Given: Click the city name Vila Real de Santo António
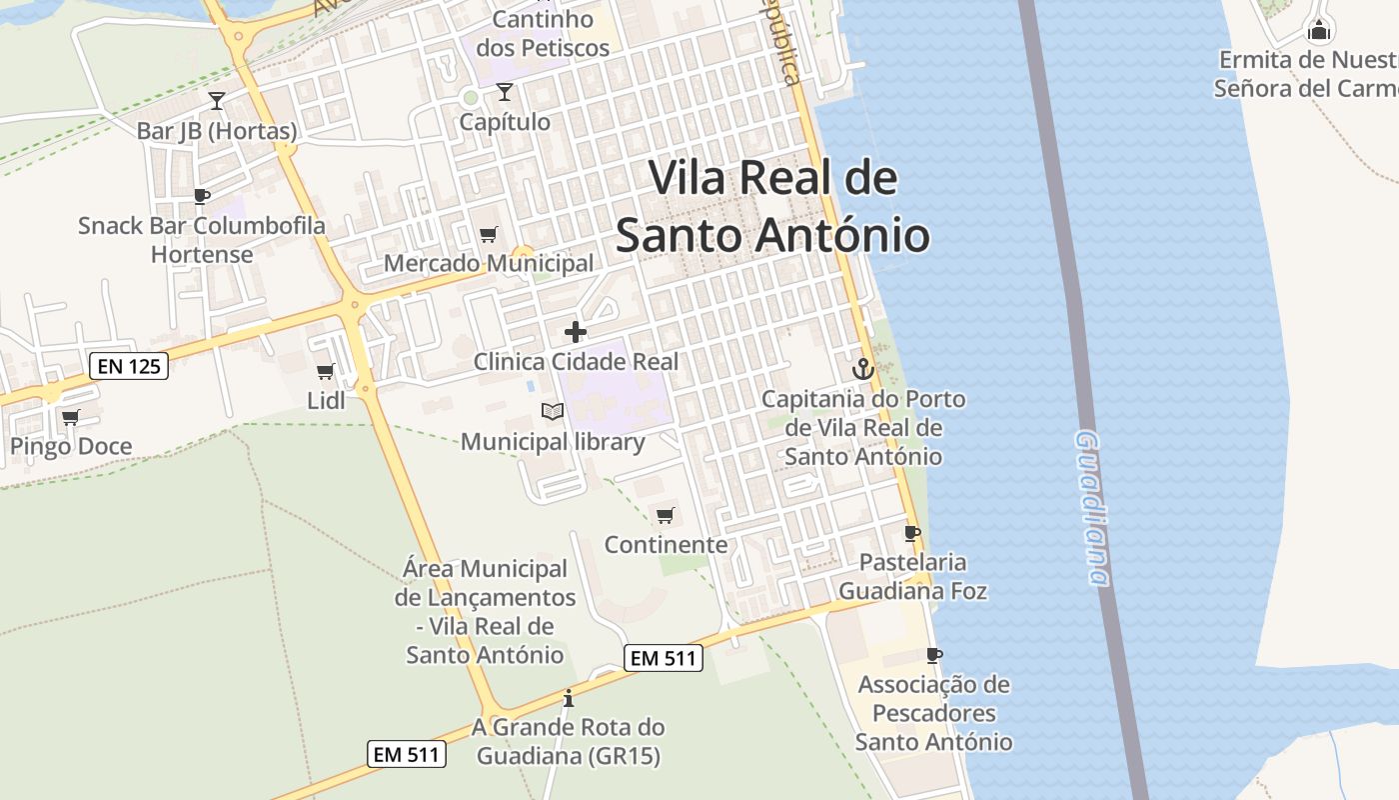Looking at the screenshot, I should coord(772,207).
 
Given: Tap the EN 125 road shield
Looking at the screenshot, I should coord(130,366).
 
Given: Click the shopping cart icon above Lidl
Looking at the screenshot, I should coord(325,372).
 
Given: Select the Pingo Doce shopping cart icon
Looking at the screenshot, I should coord(70,417).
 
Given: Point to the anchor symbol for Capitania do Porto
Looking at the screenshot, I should coord(862,369).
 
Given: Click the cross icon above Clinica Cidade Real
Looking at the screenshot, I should coord(576,332).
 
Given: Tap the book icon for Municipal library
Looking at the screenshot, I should coord(553,411).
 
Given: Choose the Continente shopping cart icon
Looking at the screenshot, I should coord(666,515).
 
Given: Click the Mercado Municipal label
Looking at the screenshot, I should coord(490,264).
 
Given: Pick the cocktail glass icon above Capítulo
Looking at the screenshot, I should coord(505,92).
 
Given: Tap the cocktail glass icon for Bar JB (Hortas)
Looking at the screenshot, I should coord(216,100).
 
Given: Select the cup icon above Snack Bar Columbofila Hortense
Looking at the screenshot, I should coord(202,196).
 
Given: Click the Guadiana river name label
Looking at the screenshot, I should coord(1093,508).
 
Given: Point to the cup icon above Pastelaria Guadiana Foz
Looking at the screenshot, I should coord(911,533).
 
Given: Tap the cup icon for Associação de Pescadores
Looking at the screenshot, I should coord(934,655).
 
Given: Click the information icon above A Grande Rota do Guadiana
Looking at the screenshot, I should coord(569,698).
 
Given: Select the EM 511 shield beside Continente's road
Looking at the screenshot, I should coord(664,658).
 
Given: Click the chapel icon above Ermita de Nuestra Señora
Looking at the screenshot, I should coord(1320,30).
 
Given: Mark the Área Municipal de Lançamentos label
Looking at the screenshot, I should coord(486,612).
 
